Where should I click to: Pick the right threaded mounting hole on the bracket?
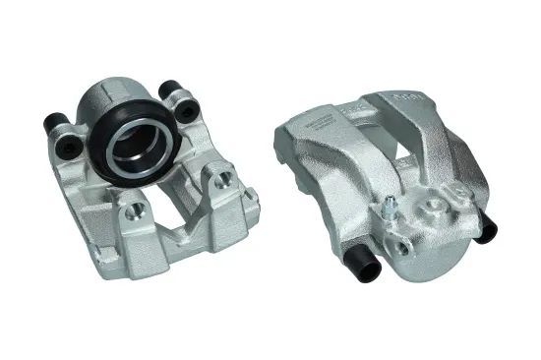tap(226, 178)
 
